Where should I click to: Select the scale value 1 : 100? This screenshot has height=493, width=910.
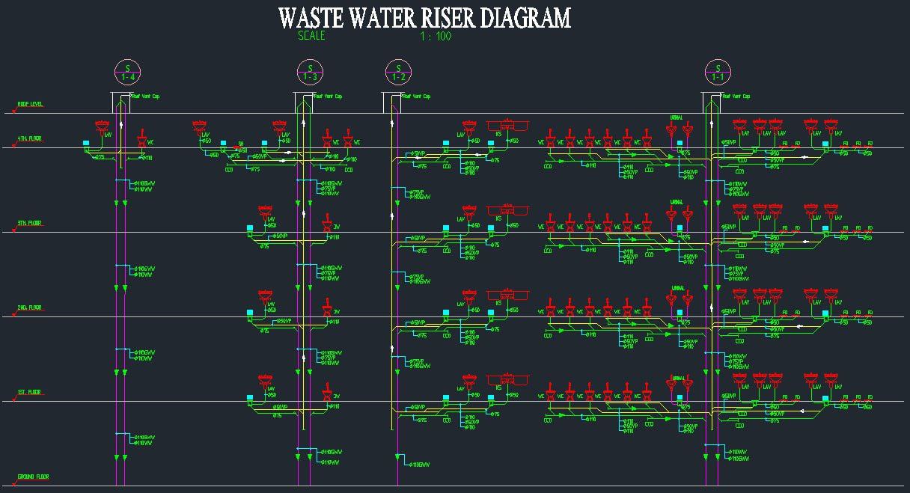tap(437, 35)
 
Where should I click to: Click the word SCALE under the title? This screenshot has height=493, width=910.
tap(311, 35)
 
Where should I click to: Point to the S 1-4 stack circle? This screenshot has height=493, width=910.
tap(127, 72)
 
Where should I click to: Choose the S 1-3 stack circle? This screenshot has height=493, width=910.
tap(310, 72)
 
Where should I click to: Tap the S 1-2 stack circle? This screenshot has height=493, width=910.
tap(399, 72)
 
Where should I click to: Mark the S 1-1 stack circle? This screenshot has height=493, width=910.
tap(718, 72)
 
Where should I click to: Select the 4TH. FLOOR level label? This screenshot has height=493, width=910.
tap(30, 138)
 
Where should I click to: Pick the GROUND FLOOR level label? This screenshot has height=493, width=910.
tap(33, 477)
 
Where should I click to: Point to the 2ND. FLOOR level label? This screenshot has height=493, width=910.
tap(31, 307)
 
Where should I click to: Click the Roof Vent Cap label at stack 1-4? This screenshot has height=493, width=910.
tap(147, 97)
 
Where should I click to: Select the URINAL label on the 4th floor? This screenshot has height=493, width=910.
tap(677, 117)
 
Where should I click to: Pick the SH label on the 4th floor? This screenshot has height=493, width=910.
tap(241, 142)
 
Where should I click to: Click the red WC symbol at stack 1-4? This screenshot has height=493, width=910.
tap(141, 135)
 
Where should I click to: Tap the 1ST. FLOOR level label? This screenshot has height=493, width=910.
tap(30, 392)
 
